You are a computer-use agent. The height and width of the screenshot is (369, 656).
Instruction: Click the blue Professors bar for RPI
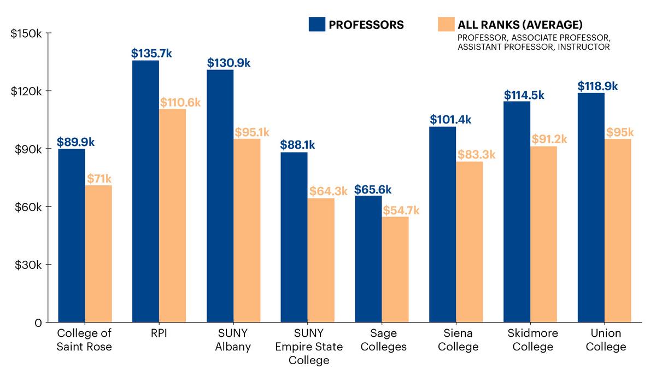coord(145,191)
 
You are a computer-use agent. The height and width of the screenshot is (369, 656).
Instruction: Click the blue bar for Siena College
coord(443,224)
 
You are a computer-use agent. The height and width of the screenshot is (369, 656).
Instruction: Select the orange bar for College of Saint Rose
coord(98,254)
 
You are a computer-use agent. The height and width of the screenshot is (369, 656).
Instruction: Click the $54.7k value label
coord(401,210)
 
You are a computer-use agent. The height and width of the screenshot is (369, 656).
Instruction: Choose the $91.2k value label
coord(549,139)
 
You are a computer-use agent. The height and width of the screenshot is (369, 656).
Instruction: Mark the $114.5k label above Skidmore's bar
coord(524,95)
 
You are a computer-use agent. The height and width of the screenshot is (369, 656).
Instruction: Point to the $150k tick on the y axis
coord(27,33)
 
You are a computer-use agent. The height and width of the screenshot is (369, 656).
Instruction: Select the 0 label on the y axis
coord(38,323)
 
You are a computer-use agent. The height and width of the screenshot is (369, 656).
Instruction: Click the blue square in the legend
coord(317,25)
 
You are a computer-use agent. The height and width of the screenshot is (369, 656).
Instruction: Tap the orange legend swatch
coord(446,25)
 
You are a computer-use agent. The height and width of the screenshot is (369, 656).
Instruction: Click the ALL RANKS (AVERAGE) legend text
coord(519,25)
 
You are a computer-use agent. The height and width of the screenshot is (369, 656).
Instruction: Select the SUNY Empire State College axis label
coord(309,347)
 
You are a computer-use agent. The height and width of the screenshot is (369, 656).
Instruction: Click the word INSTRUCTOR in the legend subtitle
coord(586,47)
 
